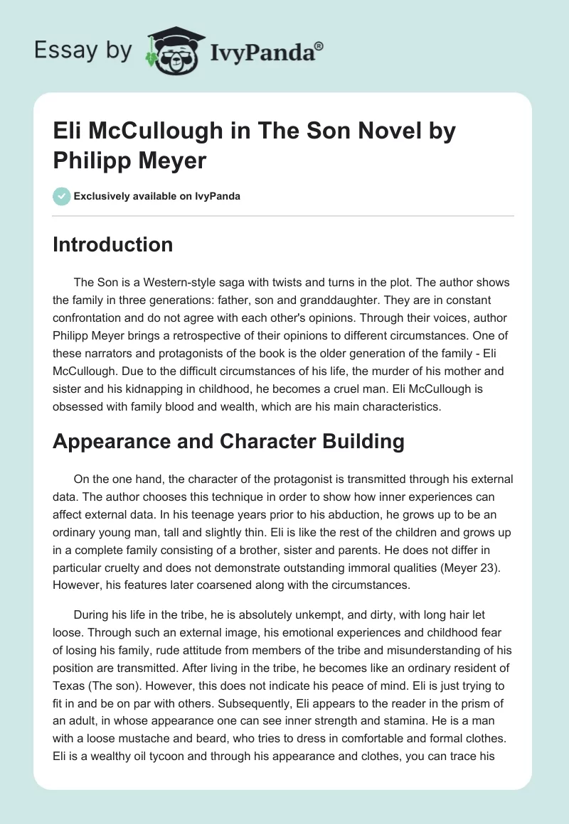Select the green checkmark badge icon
[x=62, y=196]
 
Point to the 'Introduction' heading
[x=113, y=245]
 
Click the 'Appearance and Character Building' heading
[x=228, y=442]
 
